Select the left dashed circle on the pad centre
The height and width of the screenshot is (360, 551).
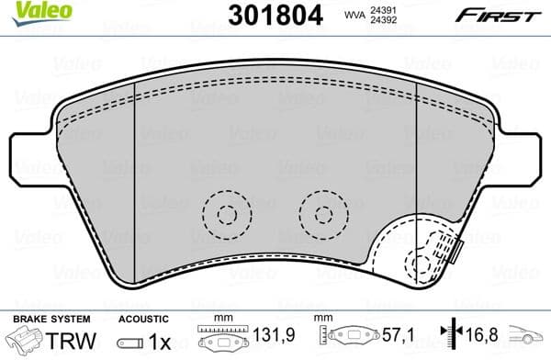223,215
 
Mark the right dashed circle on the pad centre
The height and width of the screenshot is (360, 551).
322,215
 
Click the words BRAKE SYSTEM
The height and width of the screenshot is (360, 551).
39,319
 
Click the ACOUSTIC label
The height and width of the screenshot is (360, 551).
139,319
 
